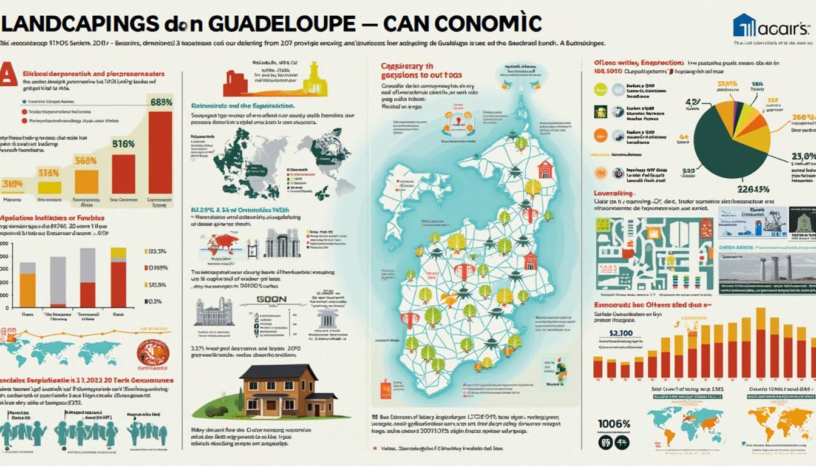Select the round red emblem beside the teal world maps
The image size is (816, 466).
pyautogui.click(x=152, y=352)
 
